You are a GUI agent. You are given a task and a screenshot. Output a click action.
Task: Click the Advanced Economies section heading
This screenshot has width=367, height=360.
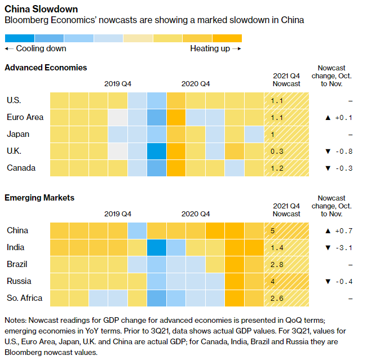46,68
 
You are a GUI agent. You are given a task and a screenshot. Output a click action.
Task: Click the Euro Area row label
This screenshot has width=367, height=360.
25,117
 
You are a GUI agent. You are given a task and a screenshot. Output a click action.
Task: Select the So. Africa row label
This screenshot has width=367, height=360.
25,297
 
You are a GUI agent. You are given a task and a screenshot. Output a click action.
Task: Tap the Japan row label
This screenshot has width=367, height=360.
18,134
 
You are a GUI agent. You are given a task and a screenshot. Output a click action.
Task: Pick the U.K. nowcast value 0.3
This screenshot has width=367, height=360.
277,152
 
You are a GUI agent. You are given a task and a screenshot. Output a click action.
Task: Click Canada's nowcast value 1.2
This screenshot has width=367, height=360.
277,168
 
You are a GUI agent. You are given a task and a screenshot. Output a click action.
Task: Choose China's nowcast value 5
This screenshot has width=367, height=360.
273,230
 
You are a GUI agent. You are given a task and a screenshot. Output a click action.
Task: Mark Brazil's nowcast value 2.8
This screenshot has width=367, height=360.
277,264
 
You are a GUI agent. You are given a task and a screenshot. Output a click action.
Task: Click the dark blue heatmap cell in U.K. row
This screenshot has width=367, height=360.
157,152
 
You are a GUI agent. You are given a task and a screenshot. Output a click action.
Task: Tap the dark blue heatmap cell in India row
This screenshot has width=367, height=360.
157,247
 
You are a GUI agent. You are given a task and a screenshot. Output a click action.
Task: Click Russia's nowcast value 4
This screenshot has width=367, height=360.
273,281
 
